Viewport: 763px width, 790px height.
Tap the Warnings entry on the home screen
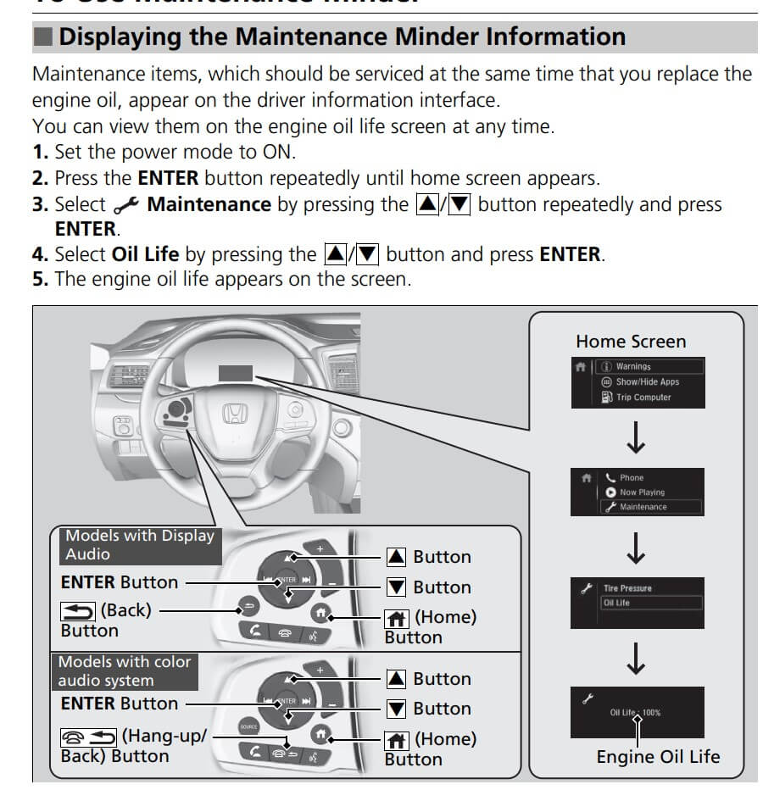pos(633,366)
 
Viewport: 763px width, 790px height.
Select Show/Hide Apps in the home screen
pos(647,381)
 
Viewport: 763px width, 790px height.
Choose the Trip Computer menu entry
pos(643,397)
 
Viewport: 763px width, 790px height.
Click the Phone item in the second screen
pos(632,477)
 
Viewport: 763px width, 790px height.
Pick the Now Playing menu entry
pos(642,492)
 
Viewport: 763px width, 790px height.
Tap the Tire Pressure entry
pos(627,587)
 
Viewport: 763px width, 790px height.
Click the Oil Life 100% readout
pos(635,712)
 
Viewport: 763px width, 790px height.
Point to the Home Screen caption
pos(631,342)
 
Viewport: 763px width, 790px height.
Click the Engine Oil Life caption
pos(658,757)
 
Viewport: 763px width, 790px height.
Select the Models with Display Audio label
pos(140,544)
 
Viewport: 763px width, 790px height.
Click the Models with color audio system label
pos(125,670)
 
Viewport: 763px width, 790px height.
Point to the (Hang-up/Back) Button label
pos(131,745)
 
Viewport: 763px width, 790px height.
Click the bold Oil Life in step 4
pos(145,254)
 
